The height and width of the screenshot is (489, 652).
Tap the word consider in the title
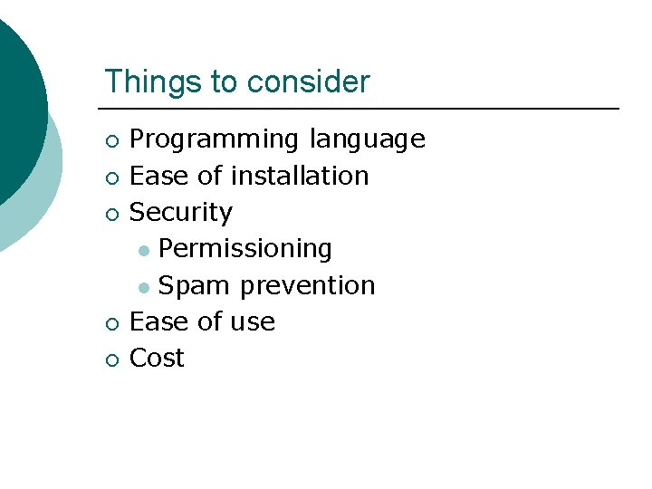pyautogui.click(x=308, y=81)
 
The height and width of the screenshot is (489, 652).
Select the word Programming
pyautogui.click(x=215, y=140)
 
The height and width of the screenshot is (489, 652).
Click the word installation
pyautogui.click(x=299, y=176)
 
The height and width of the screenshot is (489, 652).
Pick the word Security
pyautogui.click(x=181, y=213)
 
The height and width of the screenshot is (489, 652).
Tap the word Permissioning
pyautogui.click(x=244, y=249)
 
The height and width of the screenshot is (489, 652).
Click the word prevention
pyautogui.click(x=307, y=285)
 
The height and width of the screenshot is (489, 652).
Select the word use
pyautogui.click(x=254, y=322)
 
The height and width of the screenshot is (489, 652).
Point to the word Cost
pyautogui.click(x=158, y=359)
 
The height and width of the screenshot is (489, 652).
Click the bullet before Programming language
pyautogui.click(x=110, y=141)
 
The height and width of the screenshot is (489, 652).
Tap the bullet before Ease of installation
pyautogui.click(x=110, y=177)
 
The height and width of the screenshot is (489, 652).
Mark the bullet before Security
pyautogui.click(x=110, y=214)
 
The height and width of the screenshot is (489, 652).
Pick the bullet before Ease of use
pyautogui.click(x=110, y=323)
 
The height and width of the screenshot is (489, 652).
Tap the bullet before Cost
pyautogui.click(x=110, y=360)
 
